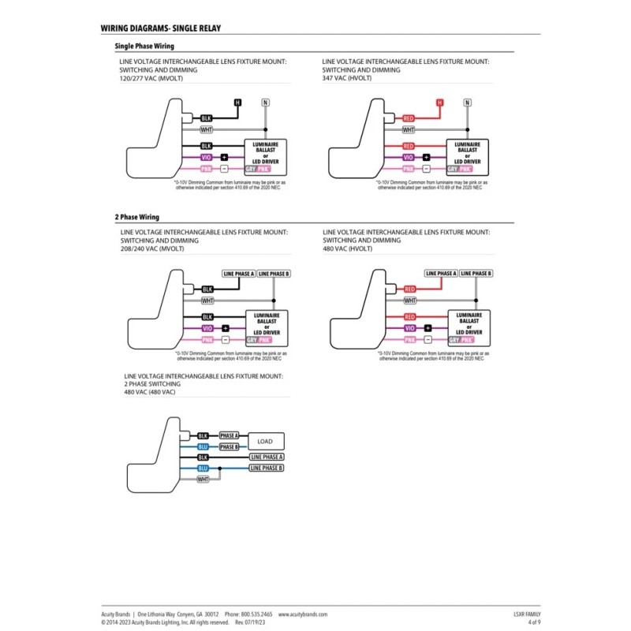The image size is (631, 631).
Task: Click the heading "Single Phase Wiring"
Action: (144, 47)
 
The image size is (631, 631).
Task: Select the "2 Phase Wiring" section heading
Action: (137, 217)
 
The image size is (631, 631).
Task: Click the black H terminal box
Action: (237, 103)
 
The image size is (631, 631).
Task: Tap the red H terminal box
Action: (440, 103)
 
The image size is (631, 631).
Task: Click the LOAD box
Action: (266, 441)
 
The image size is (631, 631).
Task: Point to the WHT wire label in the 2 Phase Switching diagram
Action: (203, 479)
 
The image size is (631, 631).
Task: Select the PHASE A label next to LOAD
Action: (229, 435)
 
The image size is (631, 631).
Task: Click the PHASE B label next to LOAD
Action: (229, 446)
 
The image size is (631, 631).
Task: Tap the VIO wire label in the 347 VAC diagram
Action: (409, 157)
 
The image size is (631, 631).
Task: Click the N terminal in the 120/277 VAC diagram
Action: (265, 103)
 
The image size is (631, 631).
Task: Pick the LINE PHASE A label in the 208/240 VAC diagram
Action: (240, 274)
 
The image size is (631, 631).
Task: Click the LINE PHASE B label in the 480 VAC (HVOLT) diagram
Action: (476, 273)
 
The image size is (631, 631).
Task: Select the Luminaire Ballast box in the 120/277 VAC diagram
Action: (266, 151)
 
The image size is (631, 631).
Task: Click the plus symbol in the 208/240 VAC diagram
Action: (225, 327)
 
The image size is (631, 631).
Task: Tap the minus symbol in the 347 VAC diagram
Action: (427, 169)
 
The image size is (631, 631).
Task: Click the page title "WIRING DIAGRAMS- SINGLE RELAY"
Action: (161, 28)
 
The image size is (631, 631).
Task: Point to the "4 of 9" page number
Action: (534, 622)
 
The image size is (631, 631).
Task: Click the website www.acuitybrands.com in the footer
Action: (302, 614)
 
